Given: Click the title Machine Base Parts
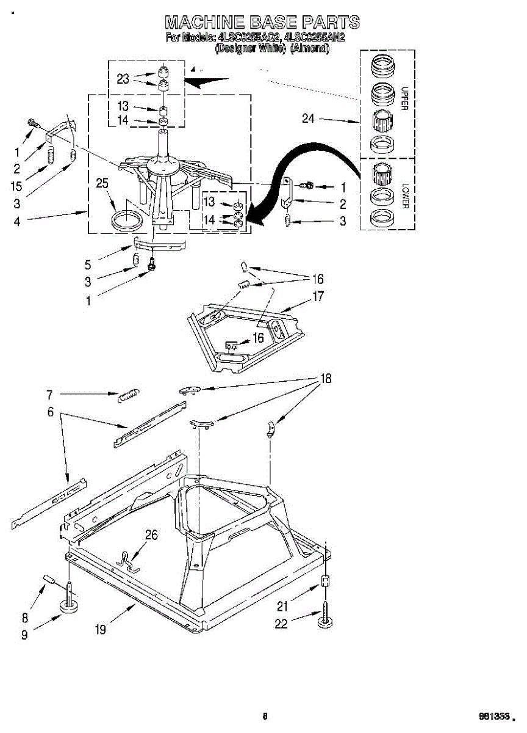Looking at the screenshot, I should (x=262, y=23).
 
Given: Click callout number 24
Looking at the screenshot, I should (x=308, y=119).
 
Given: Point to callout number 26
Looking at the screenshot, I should (x=151, y=535).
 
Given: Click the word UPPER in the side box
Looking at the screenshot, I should (x=404, y=98).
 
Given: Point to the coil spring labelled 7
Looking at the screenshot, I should (x=129, y=396).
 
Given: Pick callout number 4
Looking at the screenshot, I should (x=16, y=222).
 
